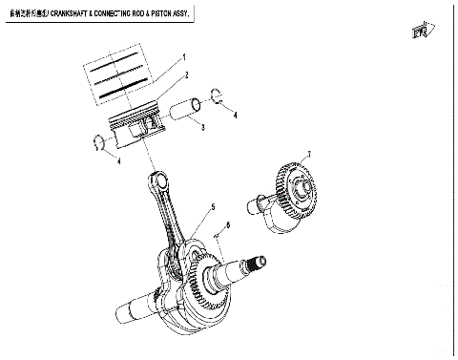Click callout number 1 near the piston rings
[x=184, y=57]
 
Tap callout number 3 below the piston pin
[x=202, y=127]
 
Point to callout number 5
[x=213, y=207]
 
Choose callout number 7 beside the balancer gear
[x=308, y=154]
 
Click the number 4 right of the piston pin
[x=235, y=116]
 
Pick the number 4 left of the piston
[x=117, y=161]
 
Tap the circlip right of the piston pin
[x=217, y=95]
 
